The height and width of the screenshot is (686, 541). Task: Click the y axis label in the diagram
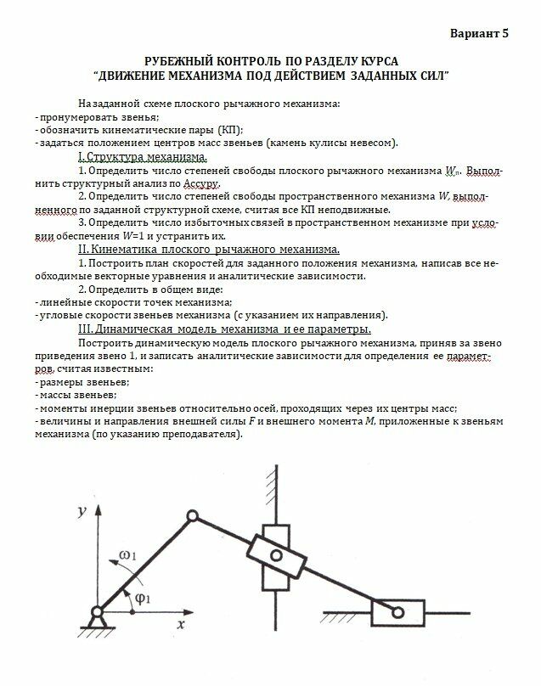point(79,511)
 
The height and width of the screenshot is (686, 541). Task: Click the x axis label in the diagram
point(181,624)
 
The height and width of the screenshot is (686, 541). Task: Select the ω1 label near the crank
point(129,555)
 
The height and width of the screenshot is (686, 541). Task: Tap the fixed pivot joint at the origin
point(96,612)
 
